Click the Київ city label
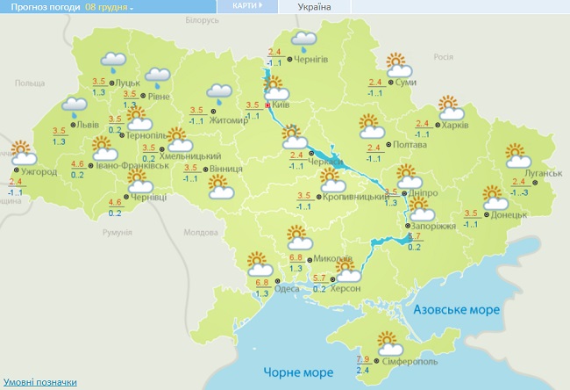[x=281, y=105]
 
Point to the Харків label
[x=456, y=125]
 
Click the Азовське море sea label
[x=455, y=310]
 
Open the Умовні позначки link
[x=40, y=382]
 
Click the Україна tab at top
[x=314, y=6]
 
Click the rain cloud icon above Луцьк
[x=113, y=62]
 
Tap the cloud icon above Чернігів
[x=303, y=40]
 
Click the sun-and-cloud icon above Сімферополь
[x=387, y=341]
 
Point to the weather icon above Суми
[x=399, y=63]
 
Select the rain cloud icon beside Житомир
[x=218, y=91]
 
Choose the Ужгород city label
[x=39, y=171]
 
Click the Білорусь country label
[x=201, y=20]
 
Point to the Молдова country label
[x=202, y=233]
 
